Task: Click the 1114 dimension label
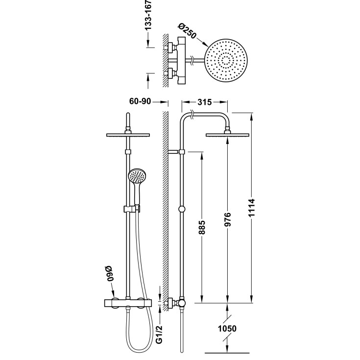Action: click(252, 208)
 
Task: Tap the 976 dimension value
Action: click(227, 219)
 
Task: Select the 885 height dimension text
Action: click(202, 228)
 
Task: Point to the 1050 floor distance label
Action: click(227, 329)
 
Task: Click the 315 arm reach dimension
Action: click(204, 102)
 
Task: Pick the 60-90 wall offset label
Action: click(140, 101)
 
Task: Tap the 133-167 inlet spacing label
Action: click(148, 15)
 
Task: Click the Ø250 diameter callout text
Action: click(187, 31)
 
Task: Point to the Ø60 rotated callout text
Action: click(110, 273)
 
